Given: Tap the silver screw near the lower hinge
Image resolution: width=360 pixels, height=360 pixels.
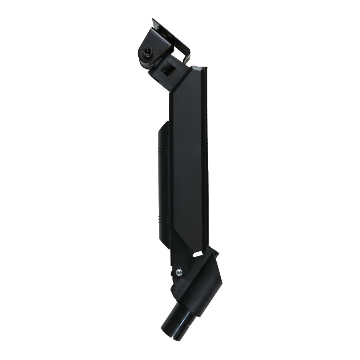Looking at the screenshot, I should (179, 271).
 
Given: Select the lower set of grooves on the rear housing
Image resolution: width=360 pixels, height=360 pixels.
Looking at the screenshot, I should (164, 218).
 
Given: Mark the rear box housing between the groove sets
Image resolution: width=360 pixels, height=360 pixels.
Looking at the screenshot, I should (164, 184).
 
